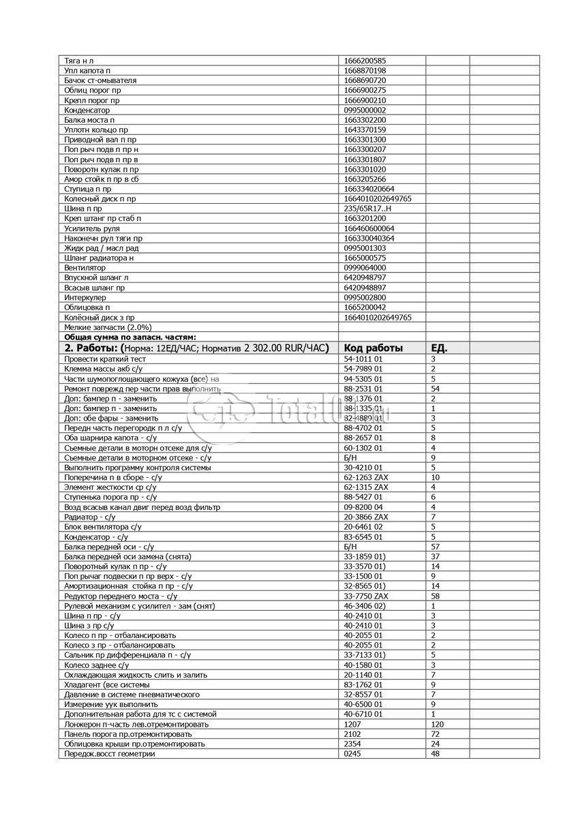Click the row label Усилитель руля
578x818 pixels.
[91, 228]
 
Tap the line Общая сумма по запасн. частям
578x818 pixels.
[130, 337]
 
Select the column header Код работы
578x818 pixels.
[374, 348]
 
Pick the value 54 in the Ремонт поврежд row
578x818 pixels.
[435, 389]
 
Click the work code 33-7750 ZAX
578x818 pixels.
[366, 596]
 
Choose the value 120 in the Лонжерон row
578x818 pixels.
[438, 724]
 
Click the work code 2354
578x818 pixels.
[352, 744]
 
